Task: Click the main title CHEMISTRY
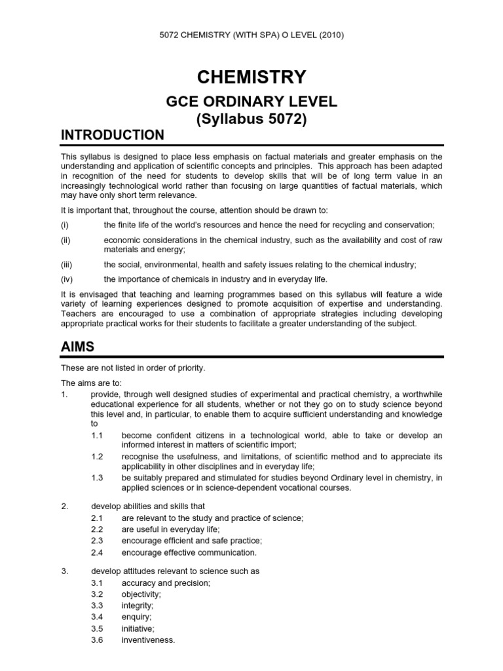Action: tap(252, 77)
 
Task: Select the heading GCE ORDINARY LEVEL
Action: tap(252, 102)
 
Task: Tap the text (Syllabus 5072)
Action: tap(252, 119)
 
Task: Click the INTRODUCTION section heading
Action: tap(113, 135)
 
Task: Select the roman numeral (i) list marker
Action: tap(64, 225)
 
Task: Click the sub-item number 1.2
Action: tap(98, 456)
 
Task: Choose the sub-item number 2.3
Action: tap(98, 541)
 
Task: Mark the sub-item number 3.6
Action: tap(98, 640)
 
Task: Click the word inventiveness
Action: tap(148, 640)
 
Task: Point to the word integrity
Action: tap(138, 605)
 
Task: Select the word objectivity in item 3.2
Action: tap(141, 594)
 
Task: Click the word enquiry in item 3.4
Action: tap(136, 617)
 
